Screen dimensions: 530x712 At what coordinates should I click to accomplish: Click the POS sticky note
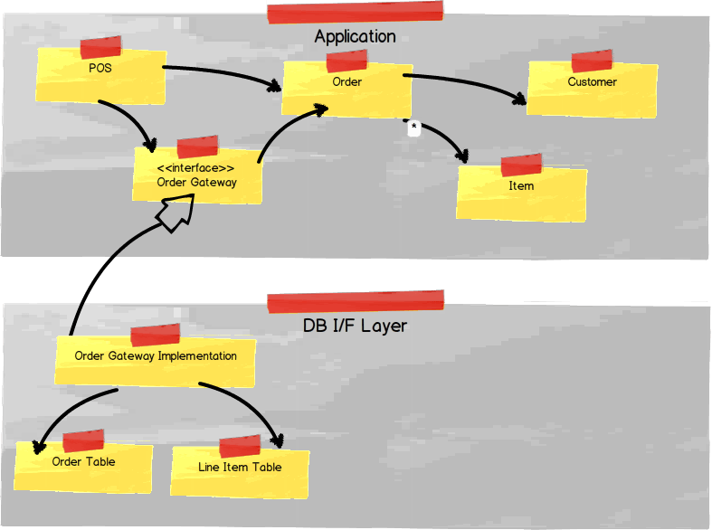[100, 76]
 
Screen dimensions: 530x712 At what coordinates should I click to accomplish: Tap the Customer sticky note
[592, 88]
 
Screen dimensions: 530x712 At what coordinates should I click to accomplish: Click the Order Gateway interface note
[197, 175]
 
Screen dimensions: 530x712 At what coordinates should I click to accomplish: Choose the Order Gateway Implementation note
[155, 361]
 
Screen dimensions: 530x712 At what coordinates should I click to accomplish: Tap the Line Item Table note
[240, 472]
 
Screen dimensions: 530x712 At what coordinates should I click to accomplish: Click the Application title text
[355, 37]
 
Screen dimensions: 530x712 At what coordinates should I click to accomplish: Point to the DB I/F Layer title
[355, 326]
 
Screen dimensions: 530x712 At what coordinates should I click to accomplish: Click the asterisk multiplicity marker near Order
[413, 128]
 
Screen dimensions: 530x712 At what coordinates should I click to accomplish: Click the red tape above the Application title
[355, 12]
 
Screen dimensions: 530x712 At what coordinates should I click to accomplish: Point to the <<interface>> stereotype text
[197, 168]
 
